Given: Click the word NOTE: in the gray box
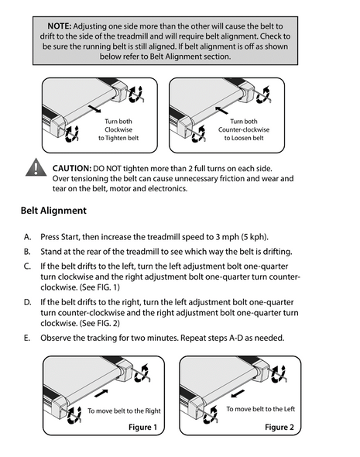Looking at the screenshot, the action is (60, 26).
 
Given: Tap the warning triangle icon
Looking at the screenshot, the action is (36, 167).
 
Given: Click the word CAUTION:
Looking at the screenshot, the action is (72, 168).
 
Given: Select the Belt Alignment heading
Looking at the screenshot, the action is (53, 211).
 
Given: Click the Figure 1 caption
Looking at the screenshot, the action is (142, 428).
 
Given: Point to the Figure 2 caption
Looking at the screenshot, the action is (279, 428).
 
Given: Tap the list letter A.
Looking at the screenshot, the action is (27, 237).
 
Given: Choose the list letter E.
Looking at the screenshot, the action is (27, 338).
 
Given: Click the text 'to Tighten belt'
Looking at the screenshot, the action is (118, 138).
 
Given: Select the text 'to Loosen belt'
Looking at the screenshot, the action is (244, 138).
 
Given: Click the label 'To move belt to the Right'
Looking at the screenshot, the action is (124, 411).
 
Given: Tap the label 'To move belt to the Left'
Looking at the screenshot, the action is (261, 409).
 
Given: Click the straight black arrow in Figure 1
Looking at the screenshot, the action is (101, 393).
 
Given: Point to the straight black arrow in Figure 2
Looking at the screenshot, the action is (238, 393).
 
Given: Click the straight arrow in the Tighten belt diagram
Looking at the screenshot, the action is (94, 108).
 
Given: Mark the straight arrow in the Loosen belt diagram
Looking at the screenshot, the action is (221, 110).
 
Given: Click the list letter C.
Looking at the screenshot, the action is (27, 266).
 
